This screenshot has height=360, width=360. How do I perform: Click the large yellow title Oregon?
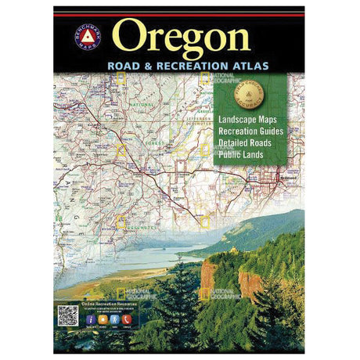[182, 38]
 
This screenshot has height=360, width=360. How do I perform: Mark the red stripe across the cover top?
[179, 13]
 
